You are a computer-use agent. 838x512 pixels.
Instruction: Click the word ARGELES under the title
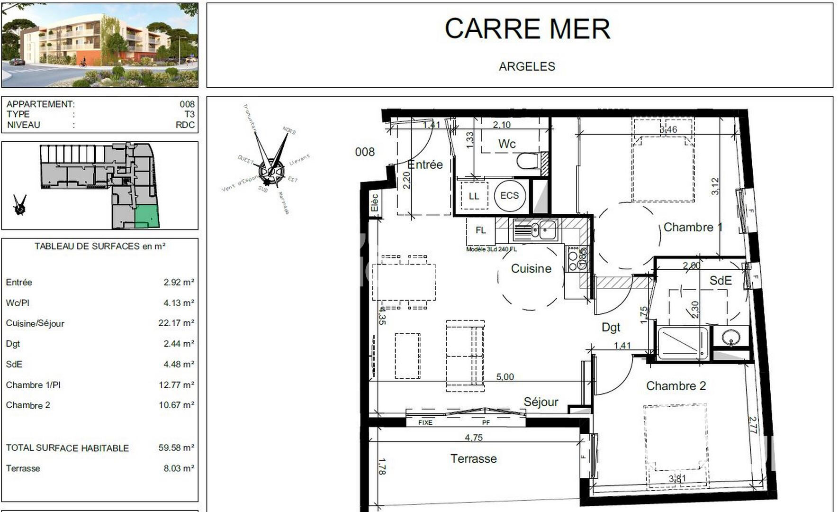[x=527, y=66]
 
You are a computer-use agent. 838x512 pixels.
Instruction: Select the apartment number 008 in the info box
[x=187, y=104]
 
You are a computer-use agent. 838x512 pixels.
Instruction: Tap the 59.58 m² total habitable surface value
[x=176, y=448]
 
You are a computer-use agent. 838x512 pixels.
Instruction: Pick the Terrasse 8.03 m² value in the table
[x=179, y=468]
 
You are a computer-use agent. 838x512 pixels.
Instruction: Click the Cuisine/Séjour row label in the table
[x=35, y=323]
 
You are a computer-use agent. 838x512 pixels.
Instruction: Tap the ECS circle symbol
[x=509, y=195]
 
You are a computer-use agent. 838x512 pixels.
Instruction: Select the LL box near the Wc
[x=474, y=196]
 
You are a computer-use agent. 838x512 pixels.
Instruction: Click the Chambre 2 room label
[x=676, y=386]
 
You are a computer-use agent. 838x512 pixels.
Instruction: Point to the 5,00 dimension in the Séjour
[x=505, y=377]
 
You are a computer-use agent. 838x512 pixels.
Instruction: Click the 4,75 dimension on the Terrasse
[x=473, y=438]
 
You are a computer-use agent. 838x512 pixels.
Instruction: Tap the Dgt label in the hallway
[x=611, y=327]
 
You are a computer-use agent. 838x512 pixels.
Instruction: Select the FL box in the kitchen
[x=480, y=230]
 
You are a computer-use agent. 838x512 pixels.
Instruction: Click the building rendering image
[x=100, y=46]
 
